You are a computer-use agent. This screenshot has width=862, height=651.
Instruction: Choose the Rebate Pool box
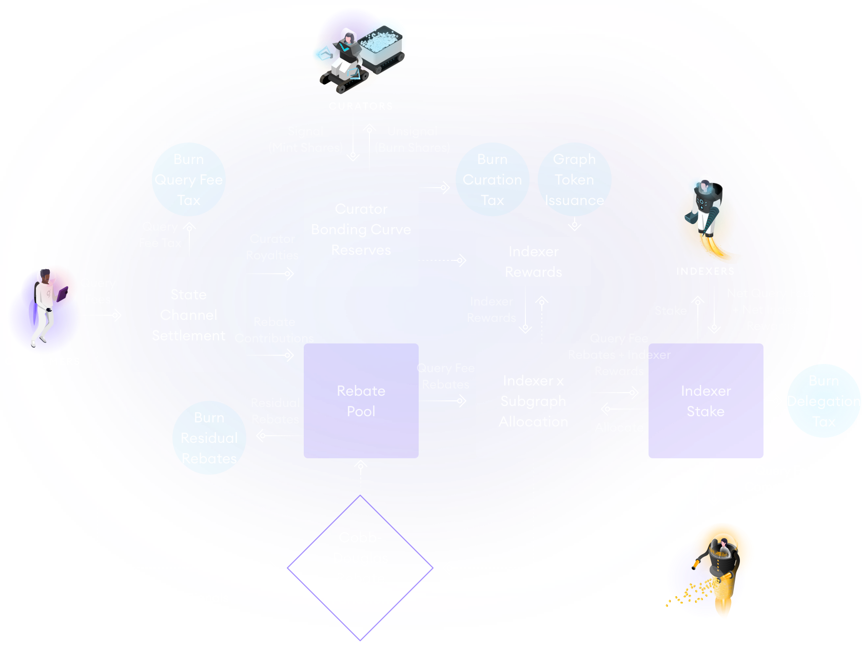(x=361, y=401)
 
